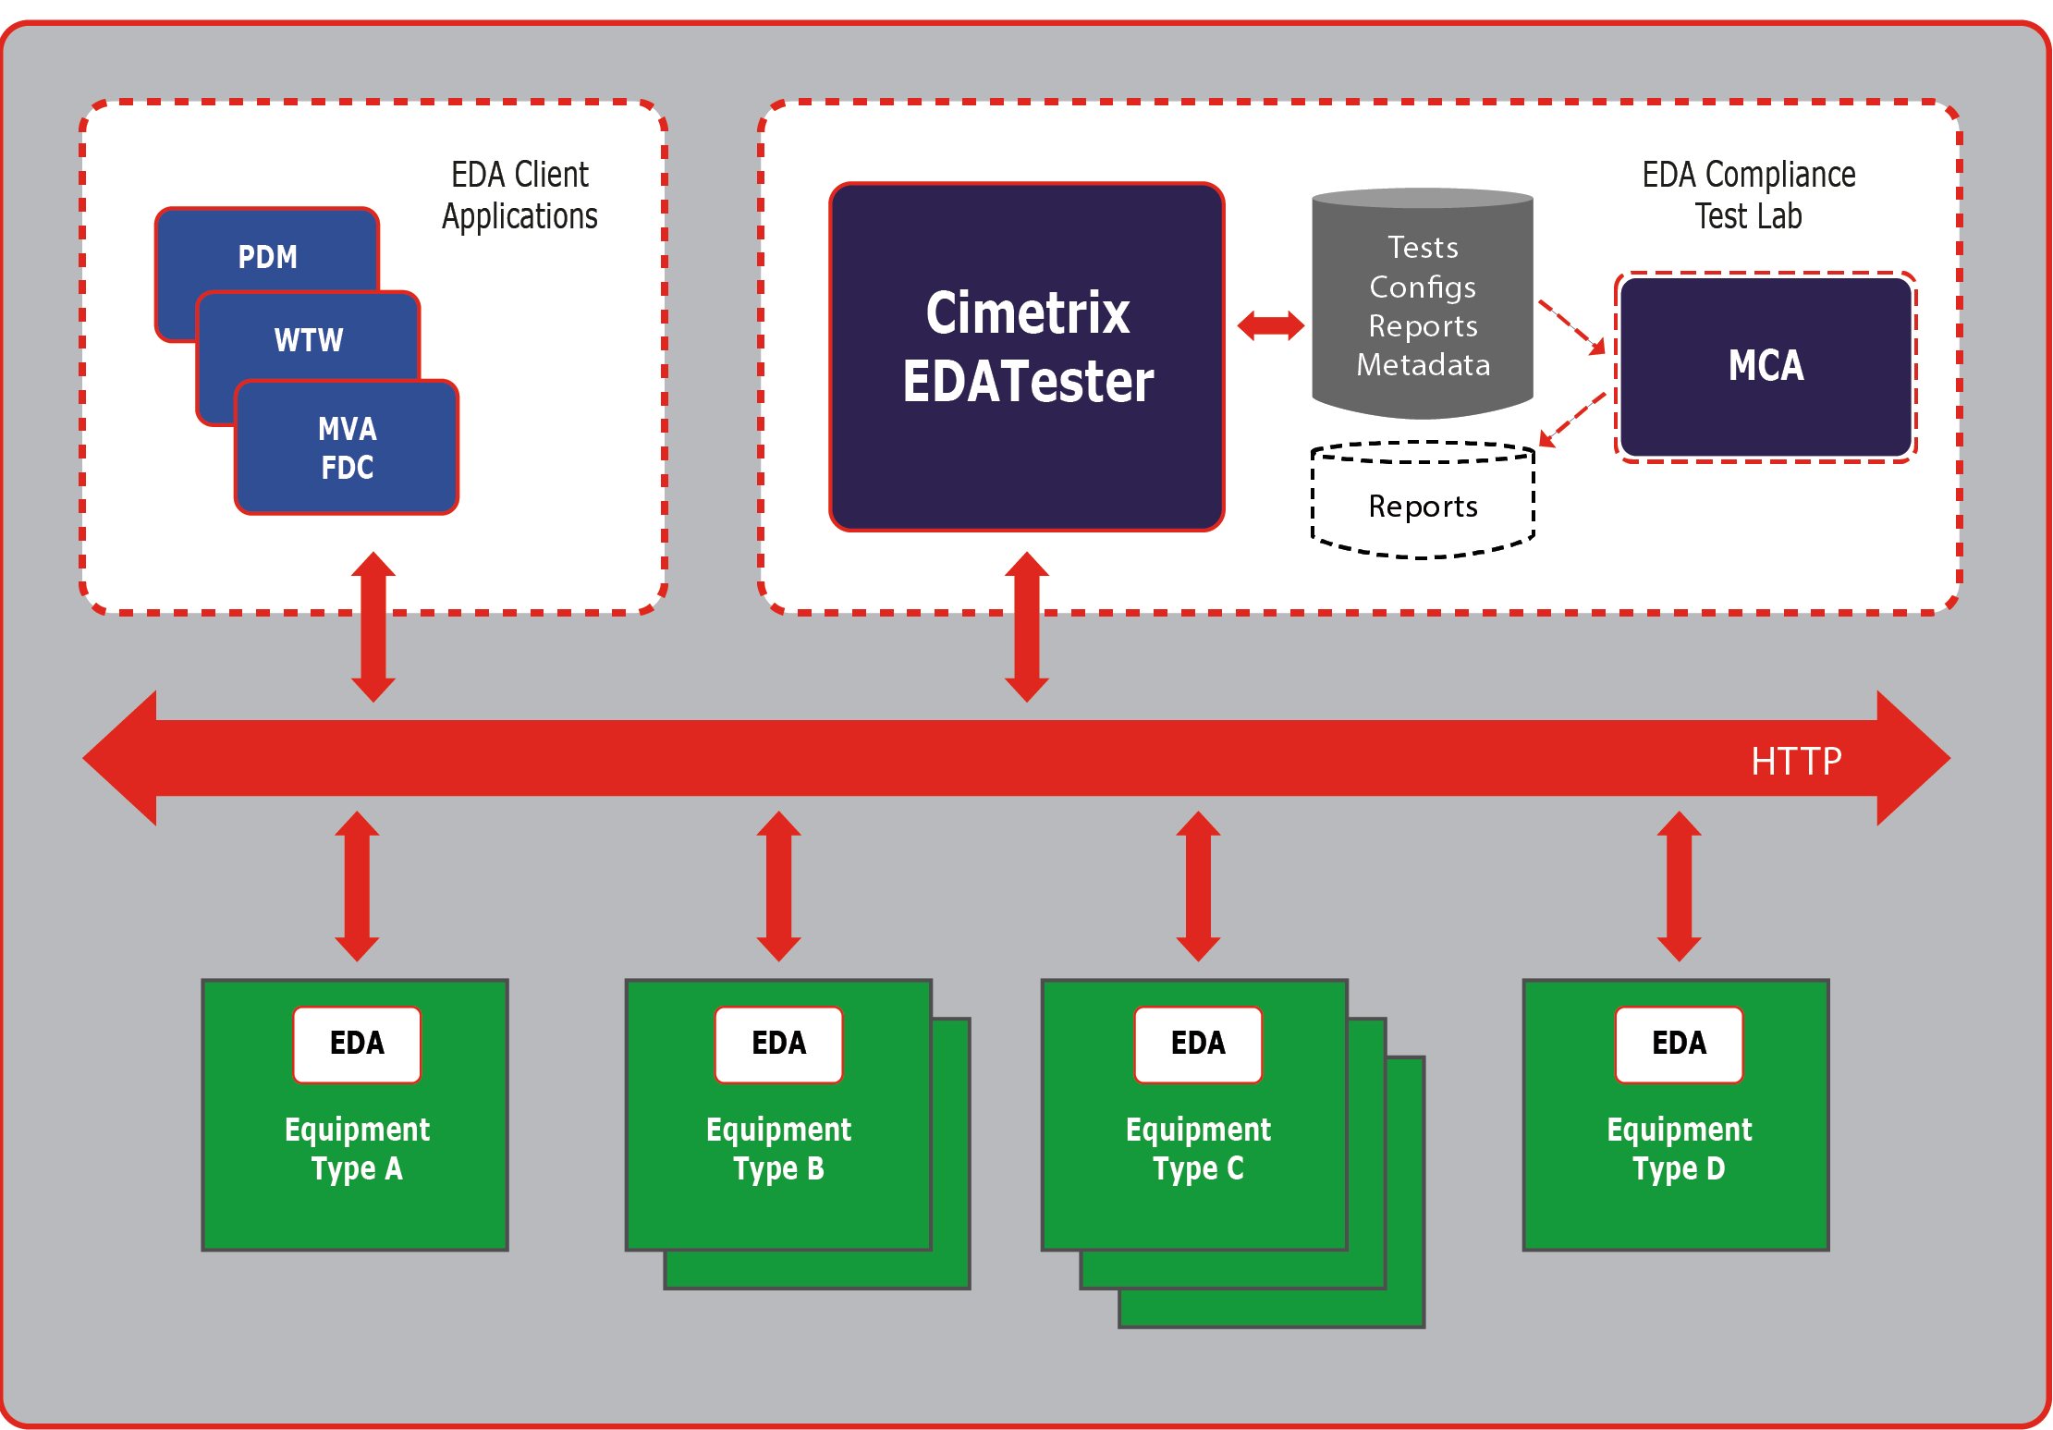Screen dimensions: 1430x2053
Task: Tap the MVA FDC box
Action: pos(347,447)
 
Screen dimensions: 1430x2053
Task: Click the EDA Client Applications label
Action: pos(519,195)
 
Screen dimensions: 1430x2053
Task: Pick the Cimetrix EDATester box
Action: pos(1027,356)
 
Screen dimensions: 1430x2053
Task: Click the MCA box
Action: pos(1766,366)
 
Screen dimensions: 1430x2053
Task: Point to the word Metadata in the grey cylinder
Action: pos(1423,365)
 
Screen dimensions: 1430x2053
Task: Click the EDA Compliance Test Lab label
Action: pos(1748,195)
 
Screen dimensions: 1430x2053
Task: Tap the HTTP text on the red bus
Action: pos(1796,761)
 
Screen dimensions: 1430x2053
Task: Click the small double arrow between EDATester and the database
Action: pos(1271,325)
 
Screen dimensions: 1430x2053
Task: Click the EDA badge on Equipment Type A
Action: pos(357,1044)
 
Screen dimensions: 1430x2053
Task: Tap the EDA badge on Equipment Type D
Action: pos(1679,1044)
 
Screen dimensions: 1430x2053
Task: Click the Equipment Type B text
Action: pos(778,1148)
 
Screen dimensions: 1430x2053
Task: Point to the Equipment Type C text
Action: pos(1198,1148)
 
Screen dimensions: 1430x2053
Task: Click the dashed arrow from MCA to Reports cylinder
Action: pos(1572,420)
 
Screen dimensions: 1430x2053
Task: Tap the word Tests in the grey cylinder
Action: pos(1423,248)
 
